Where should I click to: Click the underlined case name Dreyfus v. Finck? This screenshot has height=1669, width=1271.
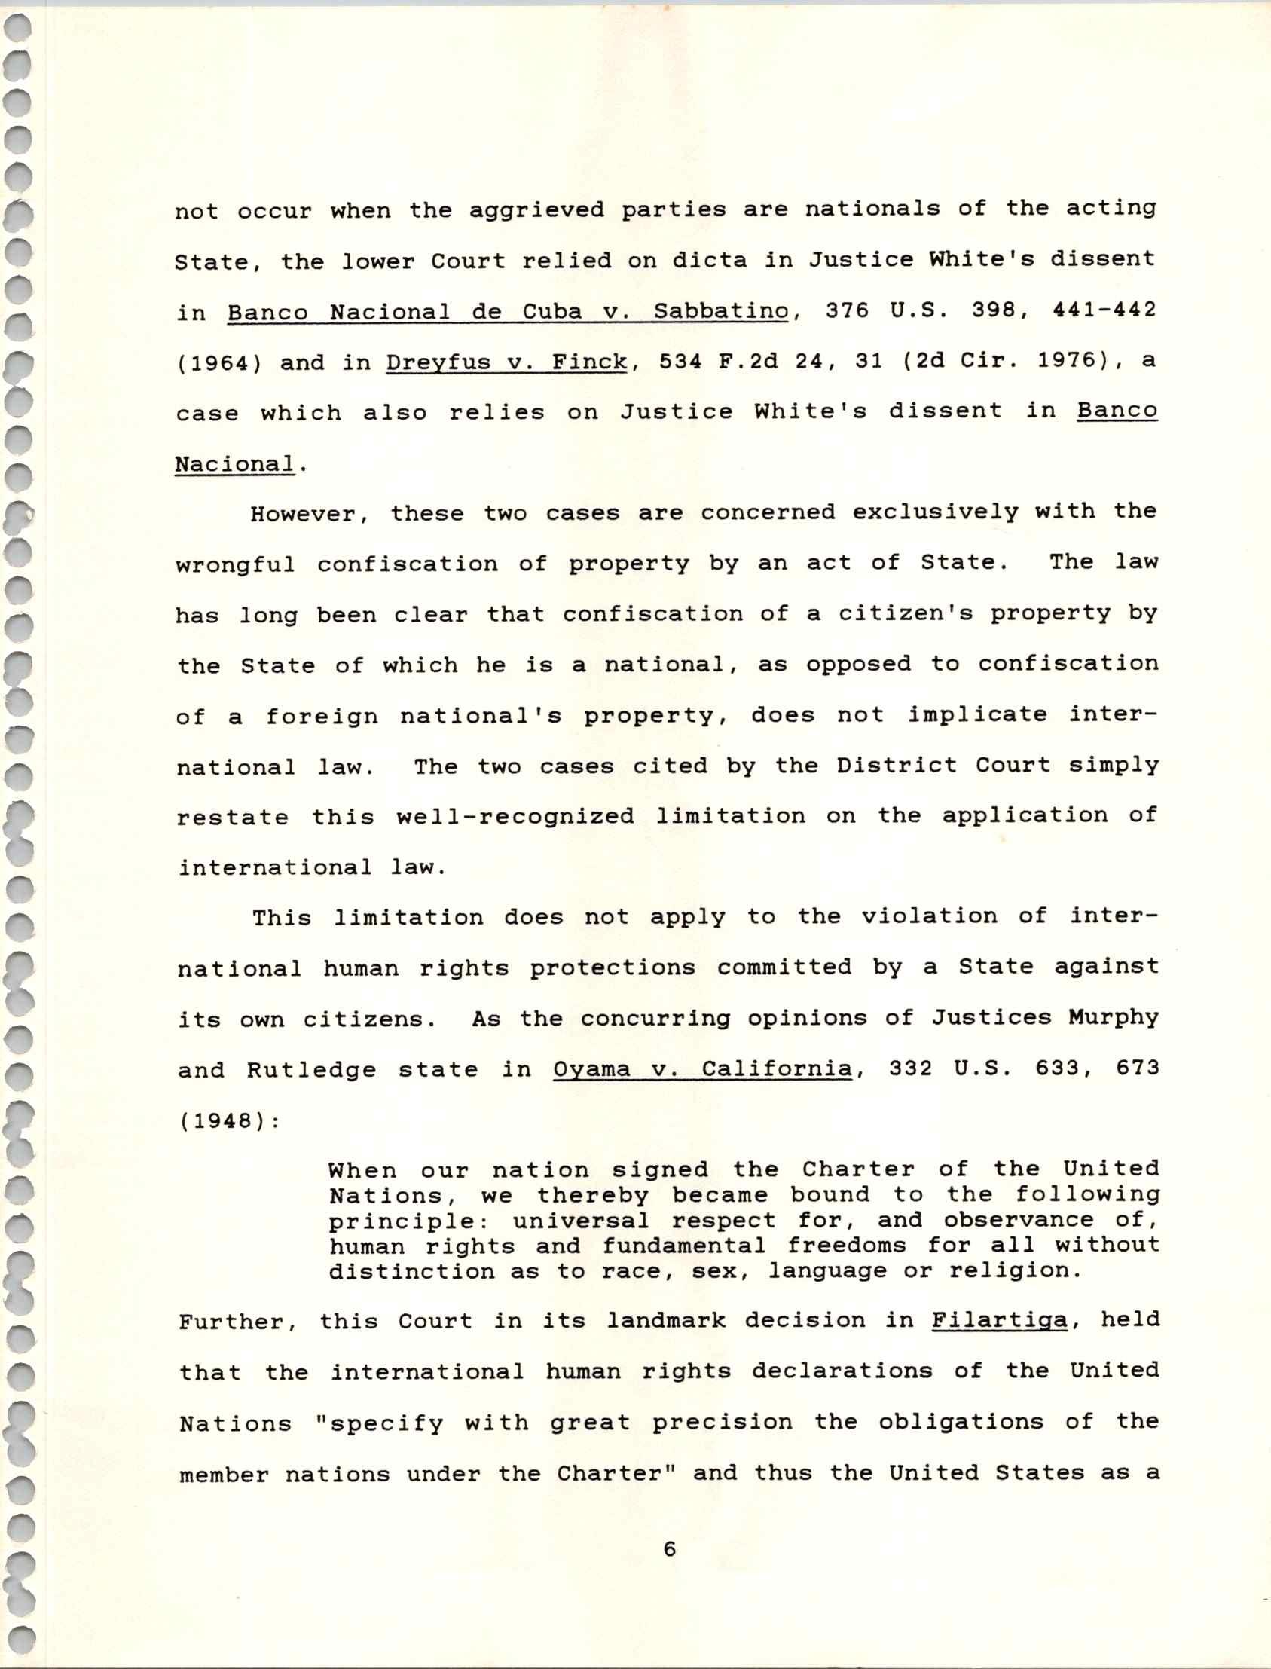pyautogui.click(x=506, y=362)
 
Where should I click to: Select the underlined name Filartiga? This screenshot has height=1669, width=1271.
pyautogui.click(x=1000, y=1320)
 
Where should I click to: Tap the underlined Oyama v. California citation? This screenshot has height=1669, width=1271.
pyautogui.click(x=703, y=1068)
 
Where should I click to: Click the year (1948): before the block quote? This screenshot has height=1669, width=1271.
pyautogui.click(x=229, y=1120)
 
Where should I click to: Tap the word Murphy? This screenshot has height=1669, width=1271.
pyautogui.click(x=1114, y=1016)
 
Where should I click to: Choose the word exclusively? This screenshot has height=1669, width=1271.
pyautogui.click(x=935, y=512)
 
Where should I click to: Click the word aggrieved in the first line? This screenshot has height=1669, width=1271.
pyautogui.click(x=536, y=209)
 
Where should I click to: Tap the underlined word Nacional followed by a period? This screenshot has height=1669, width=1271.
pyautogui.click(x=234, y=464)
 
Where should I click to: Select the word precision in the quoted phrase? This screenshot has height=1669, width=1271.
pyautogui.click(x=723, y=1423)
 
